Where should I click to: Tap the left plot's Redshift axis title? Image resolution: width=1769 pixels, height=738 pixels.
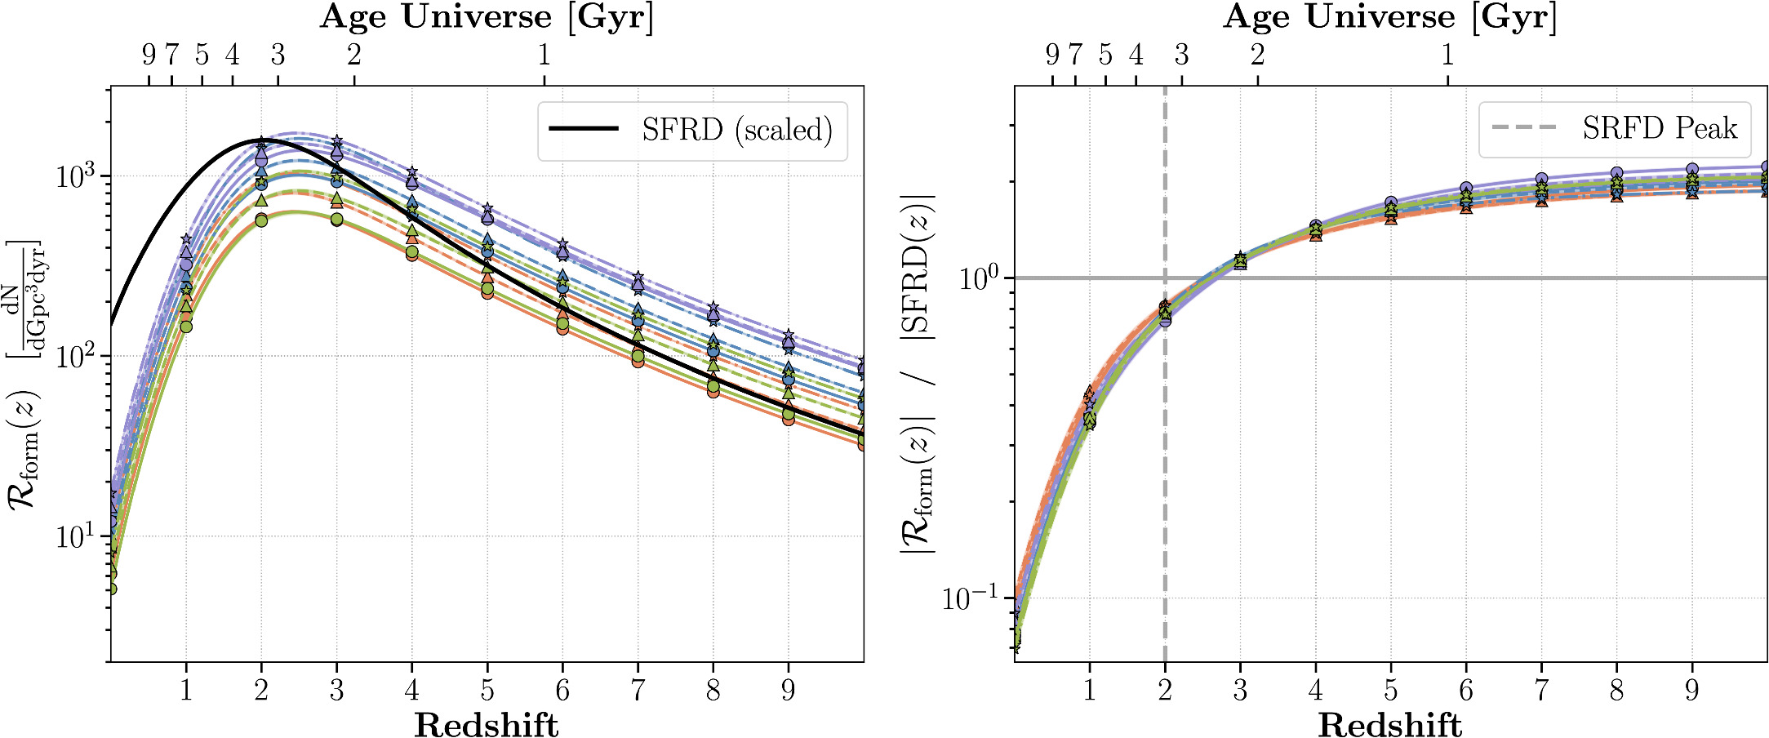tap(487, 723)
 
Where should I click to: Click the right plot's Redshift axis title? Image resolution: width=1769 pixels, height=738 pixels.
tap(1390, 723)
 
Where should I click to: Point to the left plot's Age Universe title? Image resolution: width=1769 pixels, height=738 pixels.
tap(487, 17)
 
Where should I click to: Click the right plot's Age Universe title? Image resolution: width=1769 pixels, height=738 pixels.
tap(1390, 17)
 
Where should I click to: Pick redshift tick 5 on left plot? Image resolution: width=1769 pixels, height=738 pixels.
tap(487, 691)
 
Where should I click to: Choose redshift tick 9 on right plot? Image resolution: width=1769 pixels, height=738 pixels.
tap(1692, 691)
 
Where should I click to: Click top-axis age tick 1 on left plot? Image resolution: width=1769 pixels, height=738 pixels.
tap(544, 55)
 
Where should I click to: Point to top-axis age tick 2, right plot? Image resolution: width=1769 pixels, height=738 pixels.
tap(1257, 55)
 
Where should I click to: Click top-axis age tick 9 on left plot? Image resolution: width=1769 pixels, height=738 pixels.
tap(149, 55)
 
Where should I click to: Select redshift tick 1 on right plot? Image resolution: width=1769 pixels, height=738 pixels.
tap(1089, 691)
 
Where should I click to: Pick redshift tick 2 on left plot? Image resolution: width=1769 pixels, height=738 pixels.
tap(261, 691)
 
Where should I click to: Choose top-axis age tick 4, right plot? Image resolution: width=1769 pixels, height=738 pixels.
tap(1136, 55)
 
